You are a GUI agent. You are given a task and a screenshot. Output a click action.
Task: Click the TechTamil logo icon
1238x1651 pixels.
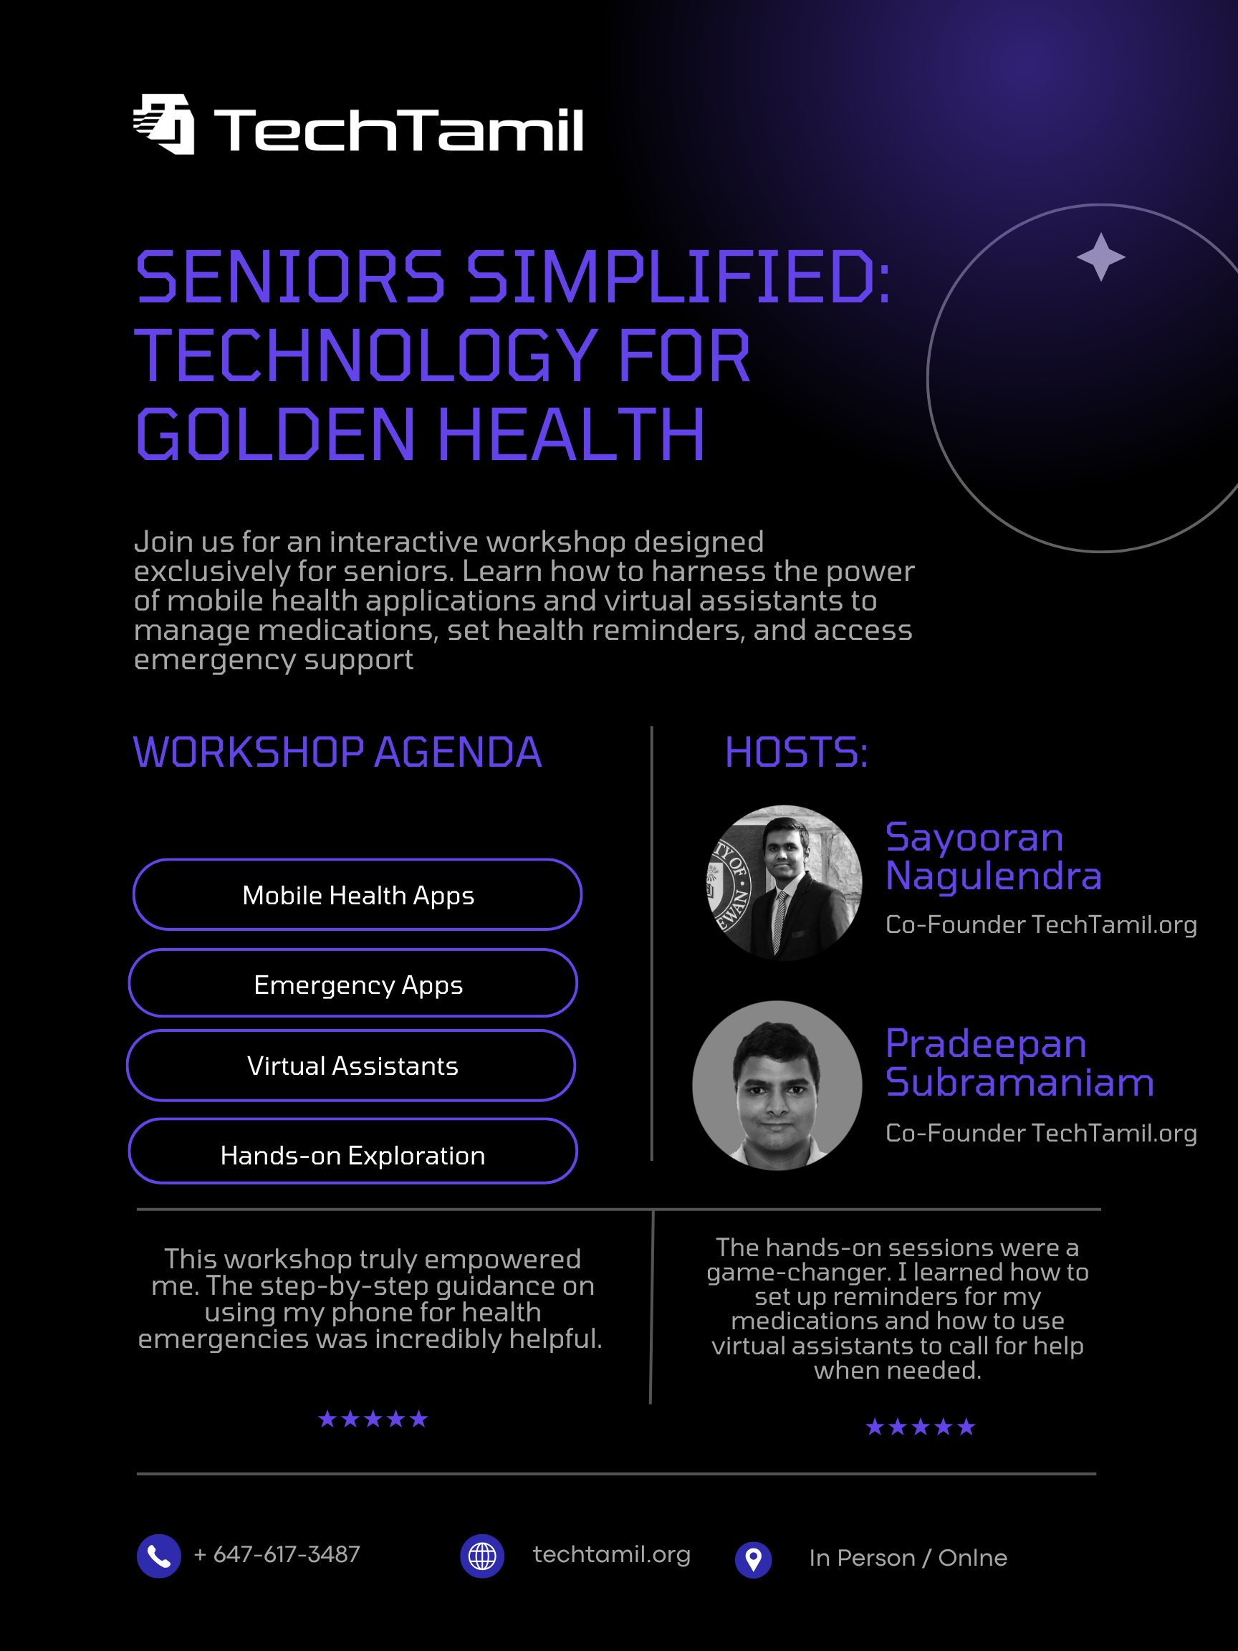click(x=163, y=124)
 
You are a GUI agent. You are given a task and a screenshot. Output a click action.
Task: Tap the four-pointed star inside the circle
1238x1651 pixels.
click(x=1100, y=257)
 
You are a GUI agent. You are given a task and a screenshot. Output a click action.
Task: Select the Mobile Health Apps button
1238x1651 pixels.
click(x=358, y=894)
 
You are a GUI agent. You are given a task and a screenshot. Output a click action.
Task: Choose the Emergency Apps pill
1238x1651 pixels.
click(x=353, y=983)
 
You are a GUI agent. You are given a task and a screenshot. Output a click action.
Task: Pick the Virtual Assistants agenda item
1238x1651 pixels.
click(x=352, y=1065)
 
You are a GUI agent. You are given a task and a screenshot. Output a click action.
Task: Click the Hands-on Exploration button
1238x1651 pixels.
click(x=353, y=1151)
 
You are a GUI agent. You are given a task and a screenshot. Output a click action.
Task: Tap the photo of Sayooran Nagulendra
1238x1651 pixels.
click(x=784, y=882)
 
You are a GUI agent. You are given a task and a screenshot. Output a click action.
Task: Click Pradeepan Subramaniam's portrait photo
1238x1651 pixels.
click(x=777, y=1085)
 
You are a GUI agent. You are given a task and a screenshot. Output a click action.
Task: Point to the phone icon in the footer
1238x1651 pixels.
click(x=159, y=1556)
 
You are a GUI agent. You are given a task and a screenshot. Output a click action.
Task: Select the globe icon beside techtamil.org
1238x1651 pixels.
click(x=482, y=1556)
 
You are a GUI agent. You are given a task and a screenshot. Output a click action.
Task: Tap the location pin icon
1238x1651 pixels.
click(x=754, y=1560)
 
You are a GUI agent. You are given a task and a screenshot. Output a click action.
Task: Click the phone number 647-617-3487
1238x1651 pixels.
click(x=277, y=1555)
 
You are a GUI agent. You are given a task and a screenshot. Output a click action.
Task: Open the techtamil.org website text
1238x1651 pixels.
click(x=612, y=1555)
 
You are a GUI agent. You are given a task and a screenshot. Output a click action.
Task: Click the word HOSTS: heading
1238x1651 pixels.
click(x=796, y=752)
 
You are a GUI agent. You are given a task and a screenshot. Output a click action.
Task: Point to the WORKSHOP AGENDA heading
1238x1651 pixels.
click(x=337, y=752)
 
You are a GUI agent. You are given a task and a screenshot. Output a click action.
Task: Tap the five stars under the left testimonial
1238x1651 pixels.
click(x=373, y=1419)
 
